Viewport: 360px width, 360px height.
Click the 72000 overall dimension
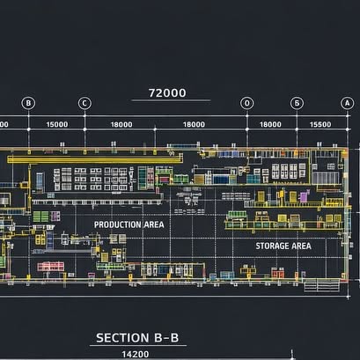(x=167, y=93)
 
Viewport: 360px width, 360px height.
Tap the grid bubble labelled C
(x=84, y=103)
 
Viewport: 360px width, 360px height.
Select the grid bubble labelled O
(x=247, y=103)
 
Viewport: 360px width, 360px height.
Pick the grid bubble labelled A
(x=348, y=103)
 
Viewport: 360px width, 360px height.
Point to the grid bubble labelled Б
(x=297, y=103)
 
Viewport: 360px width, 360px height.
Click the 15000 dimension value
(x=57, y=124)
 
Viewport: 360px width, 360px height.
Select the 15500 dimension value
(x=320, y=124)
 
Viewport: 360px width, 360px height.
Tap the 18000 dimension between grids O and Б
(x=270, y=124)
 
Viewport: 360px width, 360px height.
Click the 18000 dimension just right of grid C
(x=121, y=124)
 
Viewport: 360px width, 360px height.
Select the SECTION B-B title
(x=137, y=338)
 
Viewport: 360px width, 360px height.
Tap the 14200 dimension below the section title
(x=136, y=354)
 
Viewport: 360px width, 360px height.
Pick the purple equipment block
(x=304, y=196)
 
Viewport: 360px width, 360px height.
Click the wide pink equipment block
(x=51, y=267)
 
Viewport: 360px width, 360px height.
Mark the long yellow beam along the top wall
(x=95, y=159)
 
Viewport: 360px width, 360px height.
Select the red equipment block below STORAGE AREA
(x=277, y=274)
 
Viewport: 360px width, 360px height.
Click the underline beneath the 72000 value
(x=171, y=100)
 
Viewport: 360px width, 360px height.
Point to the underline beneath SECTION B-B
(x=138, y=346)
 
